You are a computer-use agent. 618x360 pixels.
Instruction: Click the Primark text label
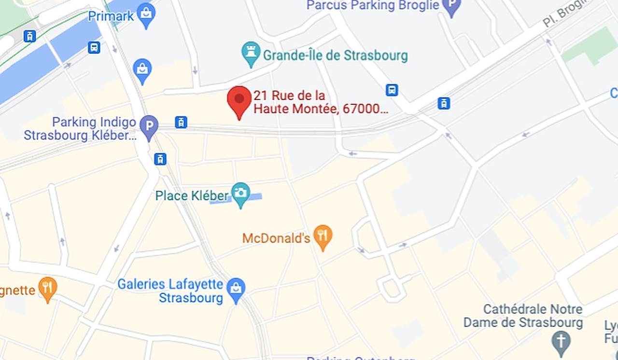[x=111, y=16]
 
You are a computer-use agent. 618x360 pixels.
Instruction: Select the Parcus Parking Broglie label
[x=373, y=5]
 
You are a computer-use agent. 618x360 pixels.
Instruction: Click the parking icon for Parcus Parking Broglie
[x=451, y=7]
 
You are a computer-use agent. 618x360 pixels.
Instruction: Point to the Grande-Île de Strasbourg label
[x=335, y=55]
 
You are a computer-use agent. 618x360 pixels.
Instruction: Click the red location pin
[x=239, y=100]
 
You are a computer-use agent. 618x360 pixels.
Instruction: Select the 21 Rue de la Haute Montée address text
[x=321, y=102]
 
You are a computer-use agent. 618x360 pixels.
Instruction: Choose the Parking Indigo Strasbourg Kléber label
[x=80, y=129]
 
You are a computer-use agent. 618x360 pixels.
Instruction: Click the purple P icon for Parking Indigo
[x=149, y=126]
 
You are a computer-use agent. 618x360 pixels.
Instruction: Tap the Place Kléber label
[x=192, y=196]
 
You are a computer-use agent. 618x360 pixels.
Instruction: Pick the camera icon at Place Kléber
[x=240, y=193]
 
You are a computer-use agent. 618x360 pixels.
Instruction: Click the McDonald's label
[x=276, y=238]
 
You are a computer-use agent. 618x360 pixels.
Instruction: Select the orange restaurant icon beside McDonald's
[x=323, y=236]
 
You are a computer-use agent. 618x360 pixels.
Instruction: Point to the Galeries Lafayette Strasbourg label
[x=170, y=291]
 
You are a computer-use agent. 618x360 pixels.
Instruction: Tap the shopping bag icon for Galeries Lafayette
[x=236, y=289]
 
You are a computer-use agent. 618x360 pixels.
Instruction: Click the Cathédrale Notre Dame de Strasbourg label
[x=523, y=316]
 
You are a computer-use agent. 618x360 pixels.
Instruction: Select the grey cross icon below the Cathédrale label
[x=561, y=341]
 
